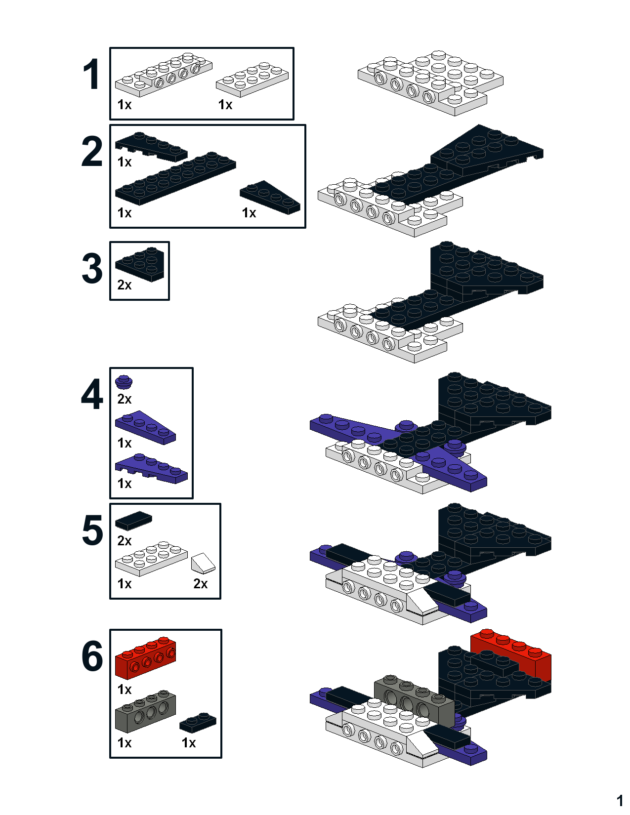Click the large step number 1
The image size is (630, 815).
[x=91, y=74]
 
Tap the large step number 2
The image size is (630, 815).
[x=92, y=152]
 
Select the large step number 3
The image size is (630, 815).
[x=92, y=269]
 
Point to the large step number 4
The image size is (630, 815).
[x=92, y=394]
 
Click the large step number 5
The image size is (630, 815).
[x=92, y=530]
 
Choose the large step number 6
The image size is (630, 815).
[x=92, y=656]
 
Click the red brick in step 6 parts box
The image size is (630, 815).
[x=145, y=658]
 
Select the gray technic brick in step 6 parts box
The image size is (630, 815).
[x=145, y=711]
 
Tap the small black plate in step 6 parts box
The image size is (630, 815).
[x=198, y=723]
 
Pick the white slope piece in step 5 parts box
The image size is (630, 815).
[x=203, y=563]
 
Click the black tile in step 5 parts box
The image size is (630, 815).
[x=133, y=521]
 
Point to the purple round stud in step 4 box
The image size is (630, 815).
[x=124, y=382]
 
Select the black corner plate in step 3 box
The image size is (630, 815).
[x=139, y=264]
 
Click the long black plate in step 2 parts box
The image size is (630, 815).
[x=175, y=178]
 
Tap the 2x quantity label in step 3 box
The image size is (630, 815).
[x=124, y=285]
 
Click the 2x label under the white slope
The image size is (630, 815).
[x=201, y=584]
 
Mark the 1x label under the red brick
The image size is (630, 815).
[x=124, y=690]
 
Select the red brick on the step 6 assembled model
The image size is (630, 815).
[x=511, y=653]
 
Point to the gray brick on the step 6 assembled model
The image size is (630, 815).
[x=415, y=699]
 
